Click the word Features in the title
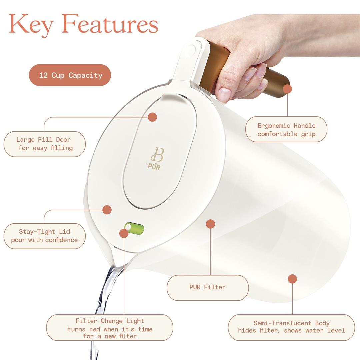tap(110, 24)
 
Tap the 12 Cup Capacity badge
tap(70, 75)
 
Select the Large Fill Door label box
tap(44, 144)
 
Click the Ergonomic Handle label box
tap(286, 129)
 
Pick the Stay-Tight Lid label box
tap(44, 236)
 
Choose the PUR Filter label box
tap(207, 287)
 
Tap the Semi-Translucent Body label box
tap(291, 327)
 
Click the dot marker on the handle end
tap(287, 89)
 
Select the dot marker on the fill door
tap(152, 117)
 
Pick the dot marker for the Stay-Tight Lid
tap(107, 210)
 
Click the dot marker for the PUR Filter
tap(210, 224)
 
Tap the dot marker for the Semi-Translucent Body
tap(292, 279)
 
